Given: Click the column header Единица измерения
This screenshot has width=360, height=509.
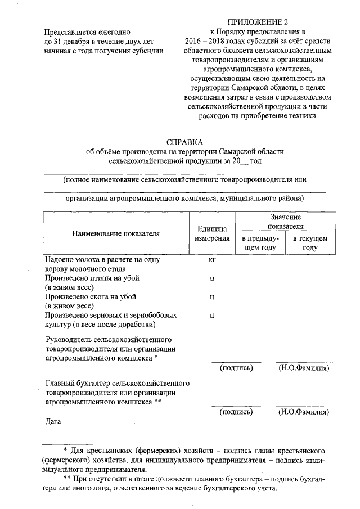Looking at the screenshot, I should [x=212, y=233].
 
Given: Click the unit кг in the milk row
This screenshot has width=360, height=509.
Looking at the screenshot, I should [x=212, y=260].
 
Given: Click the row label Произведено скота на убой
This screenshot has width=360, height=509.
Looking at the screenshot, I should [x=90, y=296].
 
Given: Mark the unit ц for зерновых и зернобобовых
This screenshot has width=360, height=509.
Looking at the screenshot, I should [x=212, y=315].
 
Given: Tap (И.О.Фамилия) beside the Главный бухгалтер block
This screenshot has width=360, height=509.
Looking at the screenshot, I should [x=304, y=412].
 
